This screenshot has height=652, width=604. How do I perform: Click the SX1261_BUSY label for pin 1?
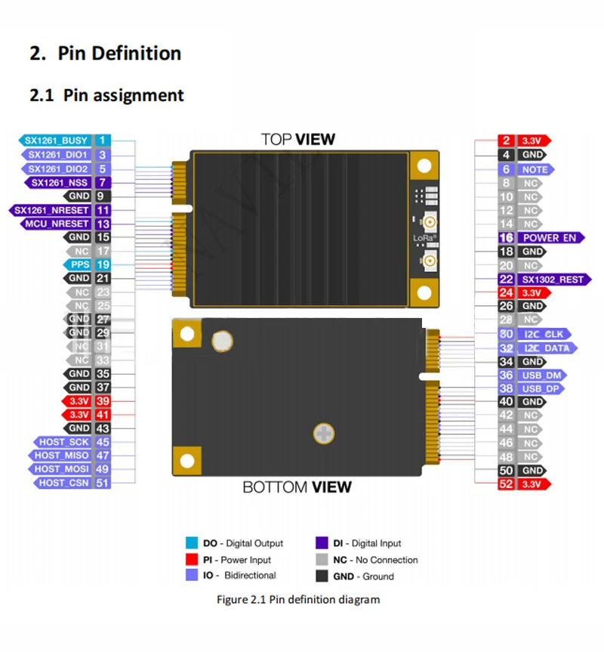[x=54, y=140]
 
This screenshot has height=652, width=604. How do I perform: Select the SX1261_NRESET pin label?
[x=51, y=210]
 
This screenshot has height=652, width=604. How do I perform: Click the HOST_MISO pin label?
[x=61, y=456]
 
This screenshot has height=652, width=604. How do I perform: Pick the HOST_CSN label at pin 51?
[x=63, y=483]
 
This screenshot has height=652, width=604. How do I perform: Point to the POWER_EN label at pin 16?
[x=551, y=237]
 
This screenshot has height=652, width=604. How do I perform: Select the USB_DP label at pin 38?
[x=542, y=388]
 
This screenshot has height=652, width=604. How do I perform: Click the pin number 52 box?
[x=506, y=484]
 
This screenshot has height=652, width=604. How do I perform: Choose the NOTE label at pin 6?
[x=535, y=169]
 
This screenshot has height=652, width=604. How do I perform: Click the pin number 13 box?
[x=103, y=224]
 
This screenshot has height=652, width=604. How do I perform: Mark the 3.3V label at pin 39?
[x=79, y=401]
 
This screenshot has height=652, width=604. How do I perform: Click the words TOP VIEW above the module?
[x=297, y=139]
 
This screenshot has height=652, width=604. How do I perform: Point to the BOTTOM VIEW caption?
[x=297, y=487]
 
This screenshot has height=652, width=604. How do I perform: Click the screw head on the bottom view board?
[x=323, y=433]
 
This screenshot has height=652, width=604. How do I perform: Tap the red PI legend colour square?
[x=192, y=560]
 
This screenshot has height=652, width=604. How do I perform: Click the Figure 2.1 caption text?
[x=297, y=599]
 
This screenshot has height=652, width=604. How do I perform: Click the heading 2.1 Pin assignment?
[x=106, y=95]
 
